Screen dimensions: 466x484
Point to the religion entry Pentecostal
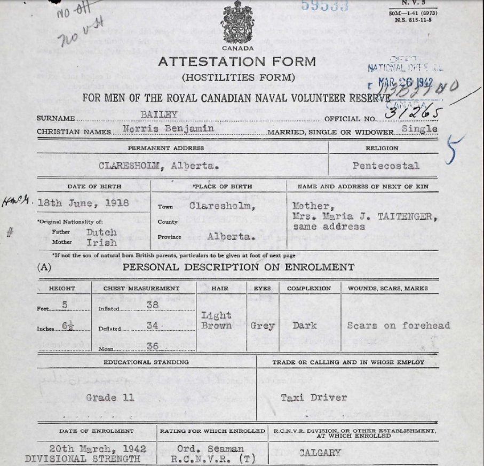(x=386, y=166)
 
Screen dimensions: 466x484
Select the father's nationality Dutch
(x=101, y=232)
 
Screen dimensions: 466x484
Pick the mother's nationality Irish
(x=101, y=242)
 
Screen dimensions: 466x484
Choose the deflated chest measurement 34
(x=153, y=325)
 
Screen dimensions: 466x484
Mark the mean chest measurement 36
(x=153, y=346)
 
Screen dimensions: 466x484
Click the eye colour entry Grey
(x=263, y=325)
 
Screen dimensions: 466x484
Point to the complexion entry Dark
(x=304, y=325)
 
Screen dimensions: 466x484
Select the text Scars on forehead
(x=398, y=325)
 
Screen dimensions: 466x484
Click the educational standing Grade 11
(x=110, y=398)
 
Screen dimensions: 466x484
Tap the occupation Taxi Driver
(x=314, y=398)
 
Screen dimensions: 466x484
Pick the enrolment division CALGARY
(x=320, y=453)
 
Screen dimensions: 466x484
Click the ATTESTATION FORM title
(x=237, y=61)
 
